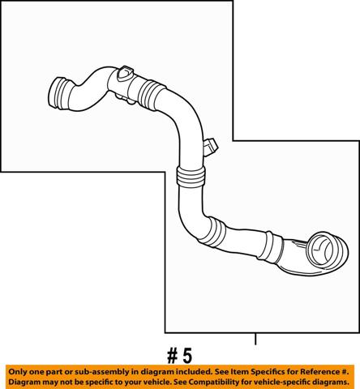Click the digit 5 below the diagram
click(x=187, y=356)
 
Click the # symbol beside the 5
click(x=173, y=356)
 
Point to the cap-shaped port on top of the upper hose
click(x=125, y=73)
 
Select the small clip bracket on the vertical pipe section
click(x=210, y=147)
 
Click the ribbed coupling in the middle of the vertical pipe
click(x=190, y=177)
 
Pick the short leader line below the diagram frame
click(x=255, y=339)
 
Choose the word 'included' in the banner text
click(x=195, y=372)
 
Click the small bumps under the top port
click(x=124, y=98)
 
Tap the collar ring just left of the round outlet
click(x=273, y=247)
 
